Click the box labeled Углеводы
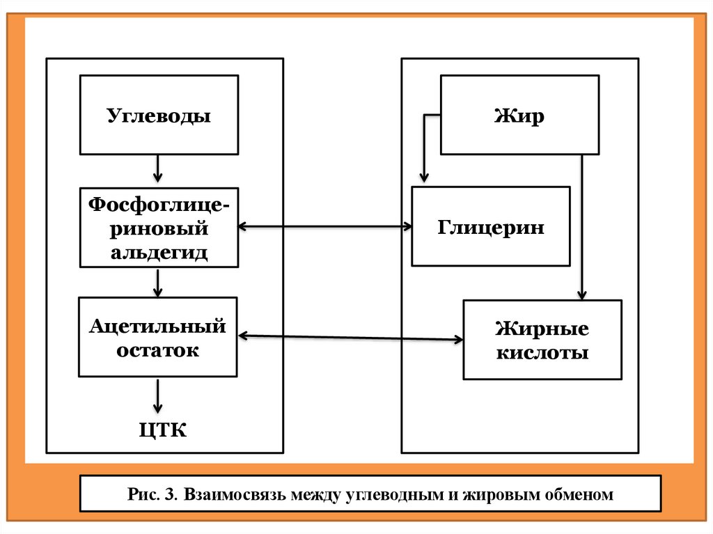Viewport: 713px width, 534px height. [x=159, y=115]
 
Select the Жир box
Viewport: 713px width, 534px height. [x=519, y=115]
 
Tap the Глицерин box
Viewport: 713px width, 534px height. [x=491, y=226]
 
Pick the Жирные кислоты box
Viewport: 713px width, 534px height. [x=542, y=340]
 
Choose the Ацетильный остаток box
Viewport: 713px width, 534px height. [x=158, y=337]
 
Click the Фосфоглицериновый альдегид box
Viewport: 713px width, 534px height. [x=159, y=227]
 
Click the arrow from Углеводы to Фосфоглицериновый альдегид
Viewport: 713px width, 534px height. [x=158, y=168]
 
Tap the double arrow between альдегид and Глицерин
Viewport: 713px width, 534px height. [x=324, y=226]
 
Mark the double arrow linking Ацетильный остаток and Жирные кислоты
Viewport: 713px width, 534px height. [x=350, y=338]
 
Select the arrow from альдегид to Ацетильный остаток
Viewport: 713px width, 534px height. [x=159, y=282]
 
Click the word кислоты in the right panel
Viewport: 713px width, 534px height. [x=542, y=352]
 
